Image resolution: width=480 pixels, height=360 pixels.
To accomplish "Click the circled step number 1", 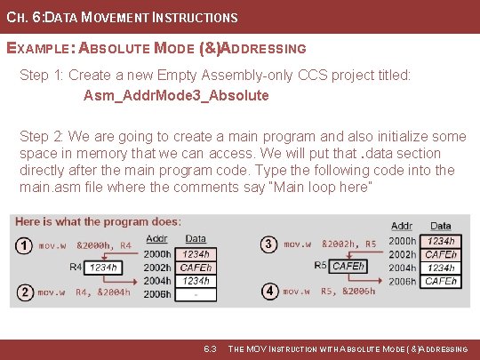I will point(23,245).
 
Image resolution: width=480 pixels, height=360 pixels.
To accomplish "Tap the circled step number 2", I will point(23,292).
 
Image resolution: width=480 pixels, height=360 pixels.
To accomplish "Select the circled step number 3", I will point(269,243).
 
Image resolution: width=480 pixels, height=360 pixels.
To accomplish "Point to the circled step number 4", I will point(269,291).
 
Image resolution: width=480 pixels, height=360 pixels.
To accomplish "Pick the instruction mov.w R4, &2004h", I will point(84,292).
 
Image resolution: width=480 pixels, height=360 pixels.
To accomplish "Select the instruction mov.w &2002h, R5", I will point(331,243).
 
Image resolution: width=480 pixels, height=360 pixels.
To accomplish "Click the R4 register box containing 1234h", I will point(103,267).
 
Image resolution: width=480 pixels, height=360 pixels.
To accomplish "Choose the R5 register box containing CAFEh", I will point(348,265).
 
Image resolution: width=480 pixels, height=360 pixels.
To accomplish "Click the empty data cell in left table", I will point(196,294).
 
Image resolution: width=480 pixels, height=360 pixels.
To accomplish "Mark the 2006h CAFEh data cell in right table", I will point(441,281).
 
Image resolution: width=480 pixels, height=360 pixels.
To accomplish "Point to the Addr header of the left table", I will point(156,238).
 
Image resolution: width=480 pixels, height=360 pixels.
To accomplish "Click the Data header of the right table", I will point(441,227).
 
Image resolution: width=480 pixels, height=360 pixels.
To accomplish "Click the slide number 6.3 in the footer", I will point(211,349).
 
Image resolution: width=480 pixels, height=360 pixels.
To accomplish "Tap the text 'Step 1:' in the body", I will point(42,76).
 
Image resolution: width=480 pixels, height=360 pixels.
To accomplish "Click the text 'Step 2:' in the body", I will point(42,136).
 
